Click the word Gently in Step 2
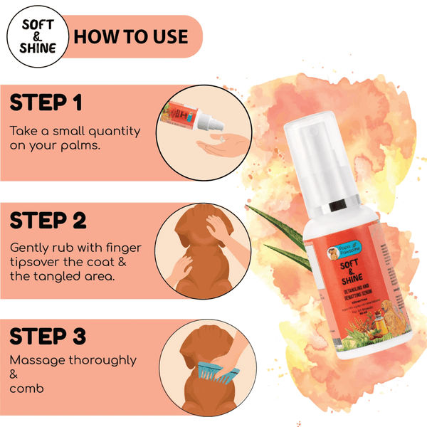[30, 248]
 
